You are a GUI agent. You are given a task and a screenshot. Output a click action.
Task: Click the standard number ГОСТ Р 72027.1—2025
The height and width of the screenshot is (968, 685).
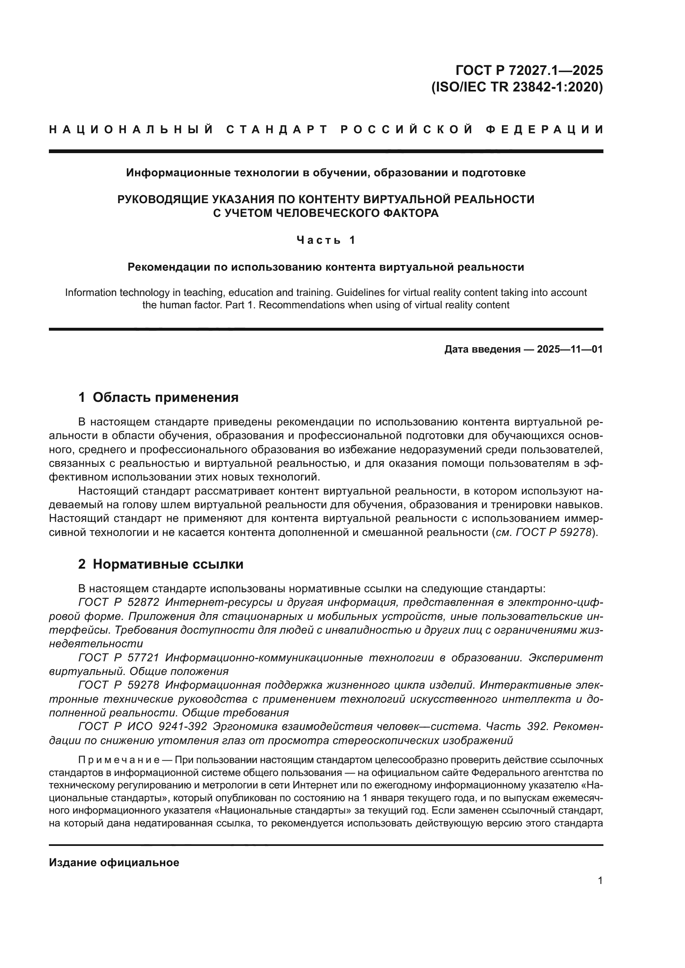pos(529,70)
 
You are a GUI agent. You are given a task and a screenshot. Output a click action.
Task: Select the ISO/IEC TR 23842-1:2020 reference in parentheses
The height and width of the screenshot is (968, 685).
pos(517,87)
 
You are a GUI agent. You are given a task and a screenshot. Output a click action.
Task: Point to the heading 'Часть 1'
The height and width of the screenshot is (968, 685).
pos(326,240)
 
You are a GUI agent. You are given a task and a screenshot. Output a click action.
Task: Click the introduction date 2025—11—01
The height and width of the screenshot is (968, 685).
pos(570,349)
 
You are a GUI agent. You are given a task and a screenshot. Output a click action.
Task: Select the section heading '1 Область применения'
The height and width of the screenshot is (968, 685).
pos(159,397)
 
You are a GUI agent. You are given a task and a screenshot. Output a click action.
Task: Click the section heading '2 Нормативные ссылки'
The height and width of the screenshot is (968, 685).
pos(161,564)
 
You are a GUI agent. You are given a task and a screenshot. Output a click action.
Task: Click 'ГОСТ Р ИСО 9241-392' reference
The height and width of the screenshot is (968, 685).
pos(142,726)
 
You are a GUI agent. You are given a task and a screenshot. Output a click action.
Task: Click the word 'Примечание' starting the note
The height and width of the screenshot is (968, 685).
pos(118,760)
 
